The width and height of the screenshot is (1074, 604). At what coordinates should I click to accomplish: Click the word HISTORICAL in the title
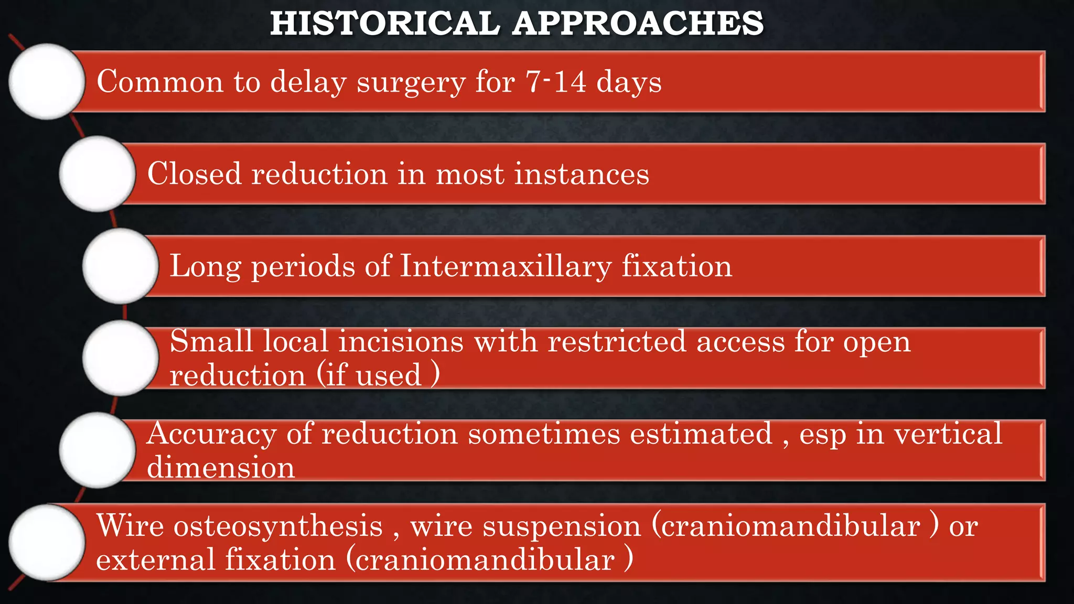pos(385,24)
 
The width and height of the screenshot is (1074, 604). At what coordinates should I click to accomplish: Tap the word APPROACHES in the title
pos(638,24)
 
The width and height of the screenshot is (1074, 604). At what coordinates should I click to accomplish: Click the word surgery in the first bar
pos(411,82)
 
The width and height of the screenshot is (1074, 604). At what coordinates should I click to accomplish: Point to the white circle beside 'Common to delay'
pos(47,81)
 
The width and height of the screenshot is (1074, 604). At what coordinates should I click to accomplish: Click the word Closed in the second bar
pos(194,174)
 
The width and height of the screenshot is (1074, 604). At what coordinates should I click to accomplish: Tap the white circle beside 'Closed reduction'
pos(98,174)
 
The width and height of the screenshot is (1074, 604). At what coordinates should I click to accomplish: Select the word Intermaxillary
pos(506,266)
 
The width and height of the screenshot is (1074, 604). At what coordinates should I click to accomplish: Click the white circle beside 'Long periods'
pos(121,266)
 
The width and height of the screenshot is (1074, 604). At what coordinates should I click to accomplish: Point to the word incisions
pos(401,341)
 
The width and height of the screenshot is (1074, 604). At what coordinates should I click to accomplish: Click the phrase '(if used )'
pos(378,375)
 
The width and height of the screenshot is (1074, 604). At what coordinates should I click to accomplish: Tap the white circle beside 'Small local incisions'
pos(121,358)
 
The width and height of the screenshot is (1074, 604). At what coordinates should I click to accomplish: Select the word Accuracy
pos(211,435)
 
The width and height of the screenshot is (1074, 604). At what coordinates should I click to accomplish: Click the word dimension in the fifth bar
pos(221,467)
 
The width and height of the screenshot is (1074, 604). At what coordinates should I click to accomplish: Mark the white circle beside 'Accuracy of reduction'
pos(98,450)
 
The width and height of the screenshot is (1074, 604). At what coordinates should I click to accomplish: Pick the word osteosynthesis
pos(278,526)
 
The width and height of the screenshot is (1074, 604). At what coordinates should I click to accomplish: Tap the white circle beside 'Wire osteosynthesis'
pos(47,543)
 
